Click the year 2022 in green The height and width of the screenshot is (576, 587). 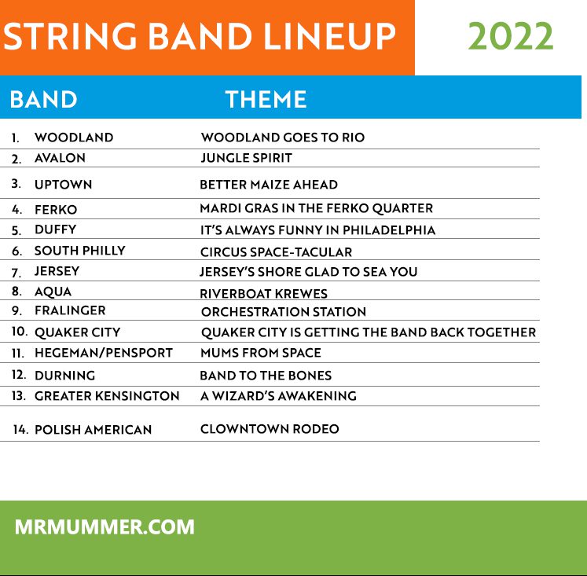click(x=511, y=36)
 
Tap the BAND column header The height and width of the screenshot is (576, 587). click(x=43, y=100)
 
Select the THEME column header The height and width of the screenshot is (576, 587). click(x=266, y=100)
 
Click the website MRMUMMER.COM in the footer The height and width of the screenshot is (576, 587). click(x=105, y=527)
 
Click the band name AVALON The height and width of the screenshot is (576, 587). click(x=60, y=158)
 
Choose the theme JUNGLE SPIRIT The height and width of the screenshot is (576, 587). click(x=246, y=158)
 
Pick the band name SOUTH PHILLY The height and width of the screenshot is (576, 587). click(x=79, y=251)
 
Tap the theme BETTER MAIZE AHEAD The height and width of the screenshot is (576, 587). click(x=269, y=185)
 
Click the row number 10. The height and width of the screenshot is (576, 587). click(x=20, y=332)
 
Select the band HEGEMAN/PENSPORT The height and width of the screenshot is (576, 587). click(x=104, y=353)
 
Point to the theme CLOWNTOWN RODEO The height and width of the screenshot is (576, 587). click(x=270, y=429)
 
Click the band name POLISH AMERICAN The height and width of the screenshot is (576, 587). click(x=94, y=430)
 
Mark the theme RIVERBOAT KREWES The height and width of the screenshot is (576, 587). click(x=263, y=294)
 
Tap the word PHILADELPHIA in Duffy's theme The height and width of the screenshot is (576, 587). click(x=389, y=230)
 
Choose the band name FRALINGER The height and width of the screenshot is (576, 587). click(x=70, y=310)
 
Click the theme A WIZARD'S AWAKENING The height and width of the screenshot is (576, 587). click(x=278, y=396)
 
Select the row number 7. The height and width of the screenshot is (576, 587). click(x=16, y=273)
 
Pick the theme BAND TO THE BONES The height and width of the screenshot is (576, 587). click(x=266, y=376)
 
